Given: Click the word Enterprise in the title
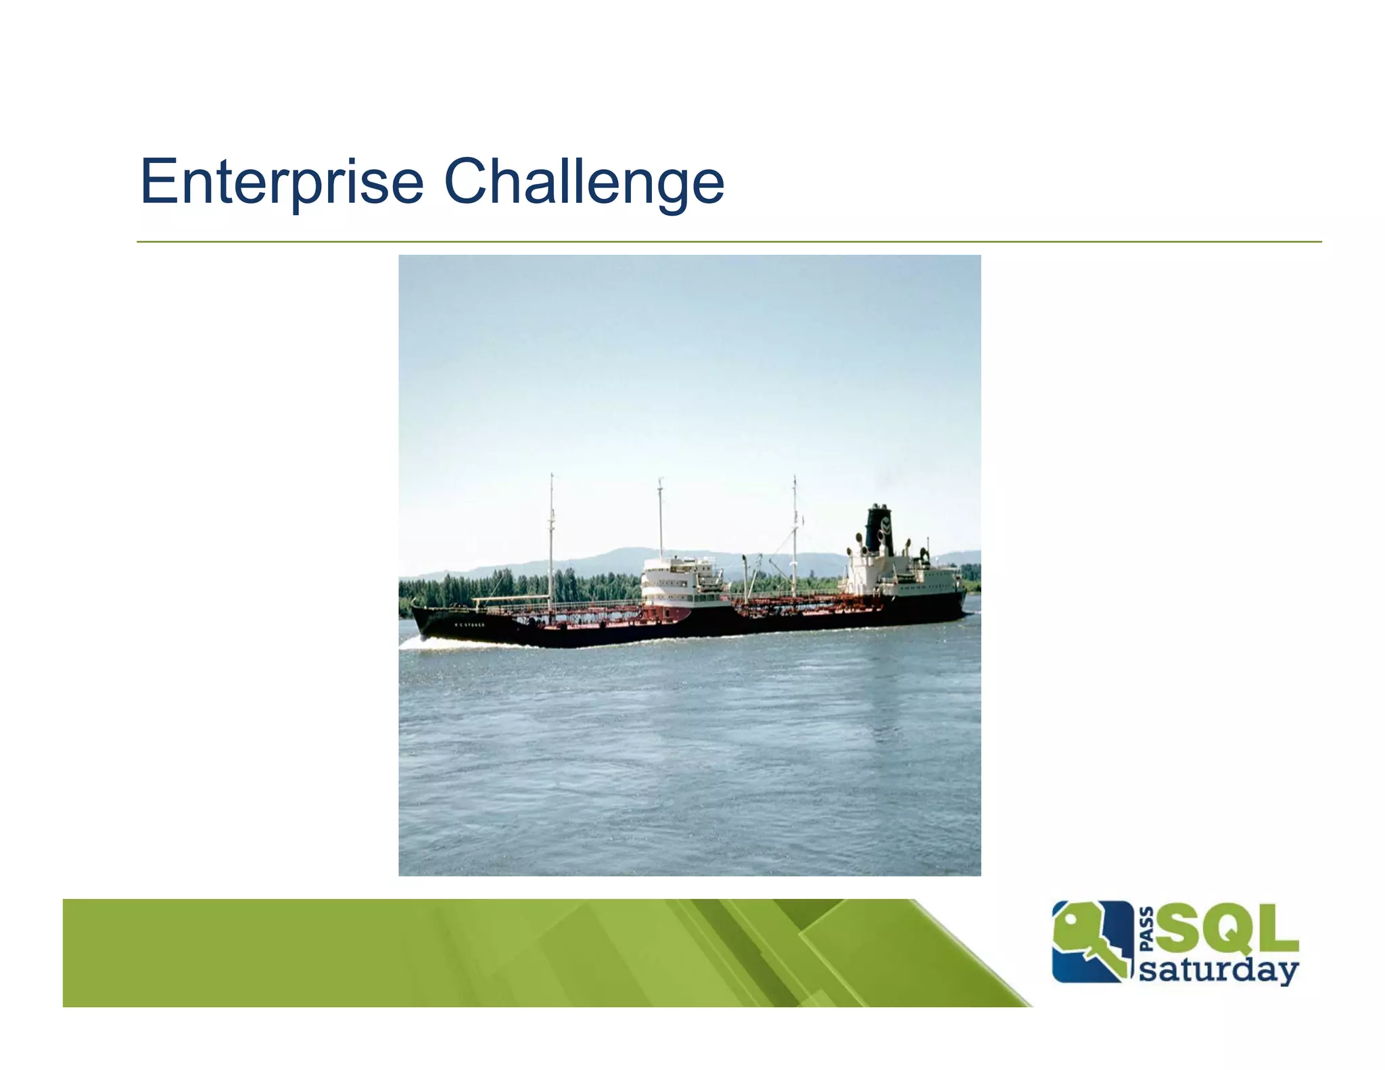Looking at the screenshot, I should tap(281, 181).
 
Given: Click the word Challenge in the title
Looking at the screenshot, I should tap(584, 181).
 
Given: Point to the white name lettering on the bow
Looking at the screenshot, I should tap(469, 625).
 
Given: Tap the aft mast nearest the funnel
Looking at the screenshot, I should tap(795, 534).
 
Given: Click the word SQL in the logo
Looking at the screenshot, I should tap(1227, 929).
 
